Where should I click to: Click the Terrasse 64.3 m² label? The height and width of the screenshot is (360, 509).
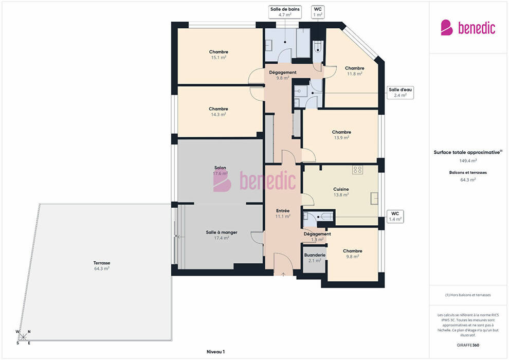click(x=102, y=265)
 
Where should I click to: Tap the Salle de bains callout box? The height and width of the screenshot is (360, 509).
click(x=285, y=12)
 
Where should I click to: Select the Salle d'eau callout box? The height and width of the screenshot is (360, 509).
click(x=400, y=93)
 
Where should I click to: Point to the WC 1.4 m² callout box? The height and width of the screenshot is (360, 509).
click(x=395, y=216)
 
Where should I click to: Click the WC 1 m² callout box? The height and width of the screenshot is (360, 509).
click(x=318, y=12)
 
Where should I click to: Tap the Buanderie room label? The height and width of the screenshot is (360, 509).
click(x=315, y=258)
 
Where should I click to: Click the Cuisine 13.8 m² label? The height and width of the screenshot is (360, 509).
click(x=341, y=192)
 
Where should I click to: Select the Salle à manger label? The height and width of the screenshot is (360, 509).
click(x=222, y=235)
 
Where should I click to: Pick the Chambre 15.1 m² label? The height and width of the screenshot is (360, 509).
click(x=219, y=55)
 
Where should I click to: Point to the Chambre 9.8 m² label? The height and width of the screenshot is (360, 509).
click(x=353, y=254)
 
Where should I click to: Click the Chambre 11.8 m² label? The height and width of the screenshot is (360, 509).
click(x=354, y=71)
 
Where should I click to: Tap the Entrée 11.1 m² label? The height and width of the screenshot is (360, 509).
click(x=283, y=213)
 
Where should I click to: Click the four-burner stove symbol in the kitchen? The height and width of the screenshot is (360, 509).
click(x=357, y=169)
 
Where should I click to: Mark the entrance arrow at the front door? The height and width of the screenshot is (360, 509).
click(x=283, y=274)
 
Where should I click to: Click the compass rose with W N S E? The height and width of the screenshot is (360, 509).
click(x=23, y=337)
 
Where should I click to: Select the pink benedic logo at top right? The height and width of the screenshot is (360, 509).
click(x=468, y=28)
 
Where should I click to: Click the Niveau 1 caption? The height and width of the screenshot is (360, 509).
click(x=215, y=352)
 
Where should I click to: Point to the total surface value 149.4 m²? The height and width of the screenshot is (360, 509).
click(x=468, y=160)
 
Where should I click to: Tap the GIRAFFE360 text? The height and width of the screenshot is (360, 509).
click(x=468, y=345)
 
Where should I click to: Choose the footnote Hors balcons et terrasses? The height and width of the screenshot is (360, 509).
click(x=468, y=295)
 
